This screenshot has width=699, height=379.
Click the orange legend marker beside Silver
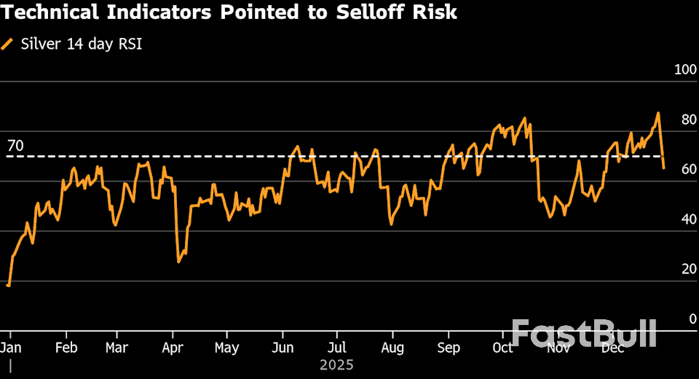coord(8,44)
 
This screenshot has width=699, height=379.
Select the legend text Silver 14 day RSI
coord(82,44)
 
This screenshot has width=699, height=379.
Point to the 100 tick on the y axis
coord(686,70)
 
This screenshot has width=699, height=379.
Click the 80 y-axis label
coord(689,120)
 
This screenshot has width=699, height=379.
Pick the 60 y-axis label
coord(689,170)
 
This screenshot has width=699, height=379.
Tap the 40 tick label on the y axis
coord(689,220)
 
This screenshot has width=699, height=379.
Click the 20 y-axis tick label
coord(689,270)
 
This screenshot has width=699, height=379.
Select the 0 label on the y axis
coord(692,319)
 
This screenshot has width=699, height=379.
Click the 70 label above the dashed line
coord(15,146)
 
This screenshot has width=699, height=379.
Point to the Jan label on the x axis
coord(11,348)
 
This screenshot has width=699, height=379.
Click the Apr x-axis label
coord(173,348)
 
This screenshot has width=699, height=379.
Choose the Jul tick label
coord(337,348)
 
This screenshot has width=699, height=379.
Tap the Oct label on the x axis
coord(502,348)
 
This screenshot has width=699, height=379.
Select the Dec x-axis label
coord(613,348)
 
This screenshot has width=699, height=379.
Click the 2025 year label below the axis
coord(336,364)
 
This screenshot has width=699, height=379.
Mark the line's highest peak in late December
coord(658,113)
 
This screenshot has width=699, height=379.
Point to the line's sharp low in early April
coord(178,262)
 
